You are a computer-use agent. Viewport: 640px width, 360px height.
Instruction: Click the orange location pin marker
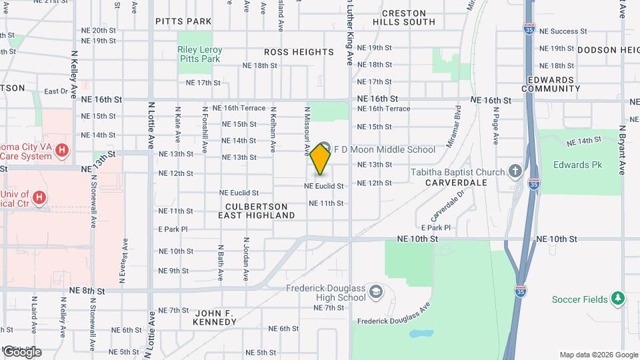pos(321,159)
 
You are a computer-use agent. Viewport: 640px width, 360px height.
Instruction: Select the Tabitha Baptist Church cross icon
pos(515,172)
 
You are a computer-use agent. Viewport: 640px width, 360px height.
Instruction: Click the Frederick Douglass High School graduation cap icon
pos(376,292)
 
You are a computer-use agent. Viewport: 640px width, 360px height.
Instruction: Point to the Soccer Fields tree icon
pos(618,299)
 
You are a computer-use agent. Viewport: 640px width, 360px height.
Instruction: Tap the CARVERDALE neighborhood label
pos(456,182)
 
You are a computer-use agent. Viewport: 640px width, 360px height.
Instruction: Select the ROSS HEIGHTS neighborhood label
pos(299,52)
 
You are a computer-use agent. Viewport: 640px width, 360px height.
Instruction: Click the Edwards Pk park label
pos(571,165)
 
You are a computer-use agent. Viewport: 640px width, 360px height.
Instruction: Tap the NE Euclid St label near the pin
pos(324,187)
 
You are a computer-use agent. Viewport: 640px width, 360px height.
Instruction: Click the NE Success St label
pos(563,31)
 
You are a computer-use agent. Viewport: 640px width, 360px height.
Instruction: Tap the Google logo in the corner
pos(21,351)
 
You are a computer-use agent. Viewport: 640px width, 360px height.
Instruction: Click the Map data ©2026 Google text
pos(599,355)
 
